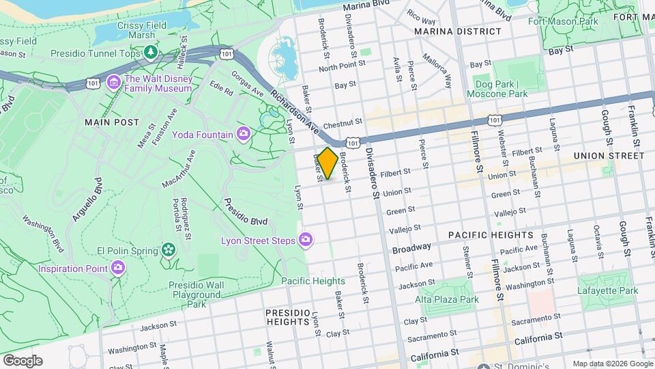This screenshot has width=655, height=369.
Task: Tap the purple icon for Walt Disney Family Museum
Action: coord(114,83)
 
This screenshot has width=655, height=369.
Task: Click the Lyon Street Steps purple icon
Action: coord(306,240)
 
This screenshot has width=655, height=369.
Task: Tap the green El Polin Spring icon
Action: coord(168,250)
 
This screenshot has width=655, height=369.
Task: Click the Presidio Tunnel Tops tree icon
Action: coord(149,53)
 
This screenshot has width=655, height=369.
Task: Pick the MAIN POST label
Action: coord(112,122)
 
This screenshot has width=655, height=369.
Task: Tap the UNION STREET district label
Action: coord(609,156)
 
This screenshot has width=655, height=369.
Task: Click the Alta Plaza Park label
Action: coord(447,299)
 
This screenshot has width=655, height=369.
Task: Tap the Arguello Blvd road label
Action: coord(85,199)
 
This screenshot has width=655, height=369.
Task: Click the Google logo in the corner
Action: coord(23,360)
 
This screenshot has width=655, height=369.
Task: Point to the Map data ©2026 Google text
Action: coord(611,364)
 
